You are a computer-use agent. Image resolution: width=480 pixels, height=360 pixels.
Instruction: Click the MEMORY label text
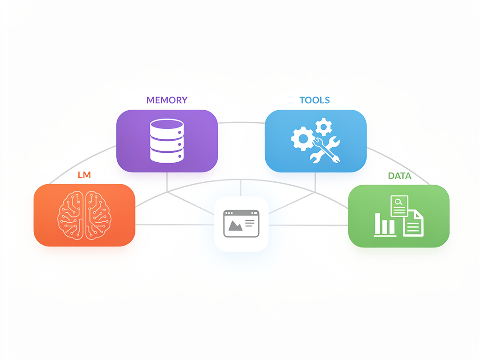point(167,100)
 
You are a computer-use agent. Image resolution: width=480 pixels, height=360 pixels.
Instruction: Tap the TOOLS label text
point(315,100)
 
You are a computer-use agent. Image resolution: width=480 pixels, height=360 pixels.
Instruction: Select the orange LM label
point(84,175)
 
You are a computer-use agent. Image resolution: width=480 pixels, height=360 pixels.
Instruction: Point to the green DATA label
point(399,176)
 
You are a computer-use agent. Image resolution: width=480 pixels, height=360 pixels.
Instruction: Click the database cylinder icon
point(167,141)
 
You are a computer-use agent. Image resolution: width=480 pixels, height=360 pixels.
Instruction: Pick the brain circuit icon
point(84,215)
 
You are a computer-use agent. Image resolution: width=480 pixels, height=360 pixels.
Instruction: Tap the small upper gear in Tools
point(323,127)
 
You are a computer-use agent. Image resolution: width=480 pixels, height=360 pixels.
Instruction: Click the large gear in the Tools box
point(303,139)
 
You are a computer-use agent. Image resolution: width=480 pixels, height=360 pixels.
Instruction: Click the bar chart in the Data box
point(385,225)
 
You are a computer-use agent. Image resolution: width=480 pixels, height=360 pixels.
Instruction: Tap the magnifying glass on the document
point(398,202)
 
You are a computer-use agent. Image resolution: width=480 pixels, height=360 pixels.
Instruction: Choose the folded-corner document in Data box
point(413,223)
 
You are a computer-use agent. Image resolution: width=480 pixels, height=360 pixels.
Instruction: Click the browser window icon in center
point(241,224)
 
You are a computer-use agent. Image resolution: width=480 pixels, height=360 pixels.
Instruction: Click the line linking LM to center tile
point(175,225)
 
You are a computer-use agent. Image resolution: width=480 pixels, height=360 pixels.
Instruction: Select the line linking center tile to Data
point(308,225)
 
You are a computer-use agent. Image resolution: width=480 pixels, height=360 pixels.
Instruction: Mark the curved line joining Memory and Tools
point(241,122)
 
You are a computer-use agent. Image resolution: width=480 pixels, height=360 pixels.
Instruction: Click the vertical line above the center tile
point(240,188)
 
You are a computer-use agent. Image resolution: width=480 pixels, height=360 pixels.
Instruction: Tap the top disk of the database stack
point(167,124)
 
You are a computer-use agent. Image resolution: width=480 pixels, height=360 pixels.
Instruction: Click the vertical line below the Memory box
point(167,182)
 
